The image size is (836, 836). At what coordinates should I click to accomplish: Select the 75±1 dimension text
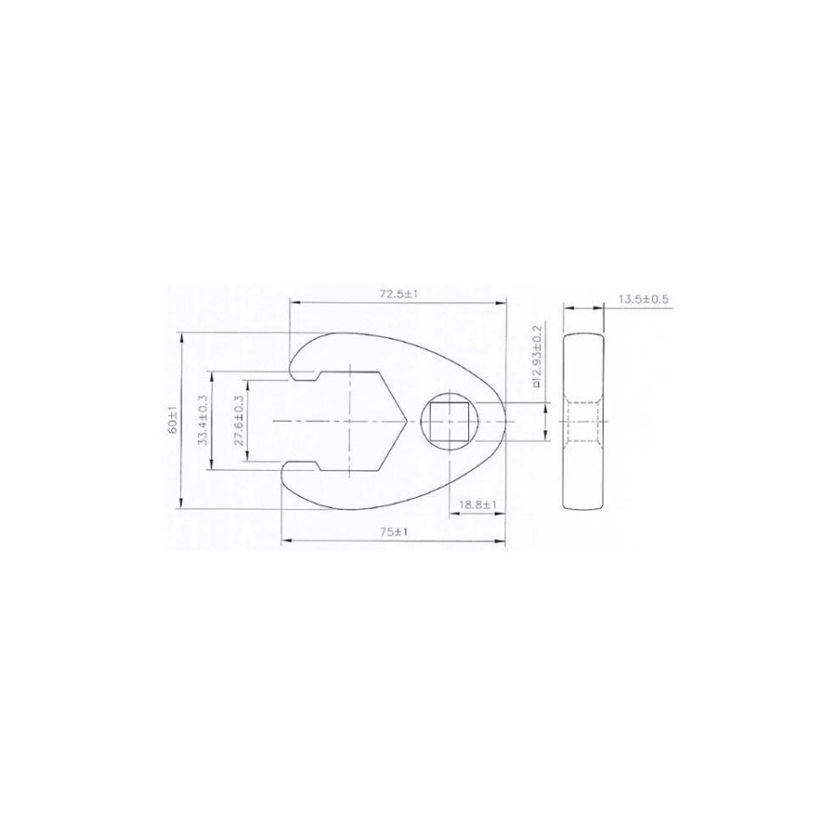tap(397, 532)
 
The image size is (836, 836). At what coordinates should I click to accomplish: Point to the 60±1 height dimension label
tap(173, 422)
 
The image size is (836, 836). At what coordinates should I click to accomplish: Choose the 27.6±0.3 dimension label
tap(239, 421)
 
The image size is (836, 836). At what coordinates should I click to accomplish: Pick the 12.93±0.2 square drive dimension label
tap(537, 356)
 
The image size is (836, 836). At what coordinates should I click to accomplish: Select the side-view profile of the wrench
tap(584, 421)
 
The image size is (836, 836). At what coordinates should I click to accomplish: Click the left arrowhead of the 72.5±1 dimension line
tap(293, 301)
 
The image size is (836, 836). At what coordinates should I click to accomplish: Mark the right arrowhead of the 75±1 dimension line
tap(506, 541)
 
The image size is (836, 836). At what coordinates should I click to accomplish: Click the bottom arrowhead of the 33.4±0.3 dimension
tap(214, 468)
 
